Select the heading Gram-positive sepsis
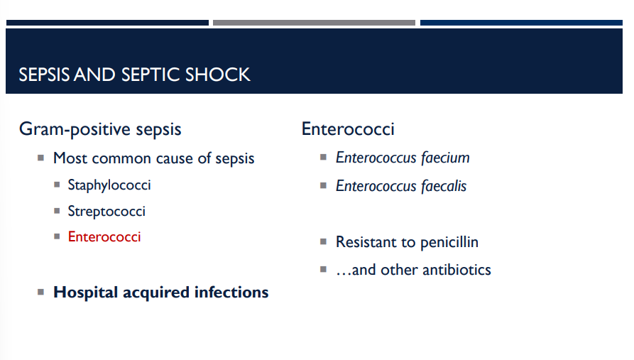(100, 129)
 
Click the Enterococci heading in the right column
(348, 129)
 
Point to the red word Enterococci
(104, 236)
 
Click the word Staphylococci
(109, 185)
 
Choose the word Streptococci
(106, 211)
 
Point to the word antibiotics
(456, 270)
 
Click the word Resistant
(365, 242)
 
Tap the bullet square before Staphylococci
(57, 185)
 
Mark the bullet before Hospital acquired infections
(41, 292)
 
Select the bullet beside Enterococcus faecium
(324, 157)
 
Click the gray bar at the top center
(314, 23)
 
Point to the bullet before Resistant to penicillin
(324, 241)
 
